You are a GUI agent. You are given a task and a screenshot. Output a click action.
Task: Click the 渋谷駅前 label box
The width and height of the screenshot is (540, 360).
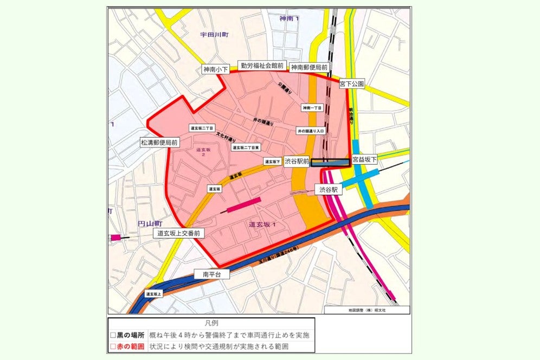(297, 161)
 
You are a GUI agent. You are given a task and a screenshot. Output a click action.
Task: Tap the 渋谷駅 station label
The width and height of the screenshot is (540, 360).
(328, 190)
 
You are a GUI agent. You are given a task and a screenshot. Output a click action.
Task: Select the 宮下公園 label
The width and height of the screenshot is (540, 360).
(352, 84)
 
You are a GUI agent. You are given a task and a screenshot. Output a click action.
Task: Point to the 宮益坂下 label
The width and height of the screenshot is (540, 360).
(364, 160)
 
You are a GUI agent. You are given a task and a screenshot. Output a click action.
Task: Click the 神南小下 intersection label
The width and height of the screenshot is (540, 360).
(216, 69)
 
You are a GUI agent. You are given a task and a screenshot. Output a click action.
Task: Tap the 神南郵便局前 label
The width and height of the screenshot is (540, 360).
(308, 67)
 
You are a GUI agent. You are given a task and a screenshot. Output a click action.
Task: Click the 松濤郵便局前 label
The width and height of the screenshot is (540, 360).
(159, 143)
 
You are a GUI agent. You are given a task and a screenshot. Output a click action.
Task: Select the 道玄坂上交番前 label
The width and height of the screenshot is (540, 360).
(179, 234)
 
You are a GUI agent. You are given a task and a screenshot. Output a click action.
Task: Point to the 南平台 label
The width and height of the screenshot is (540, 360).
(212, 274)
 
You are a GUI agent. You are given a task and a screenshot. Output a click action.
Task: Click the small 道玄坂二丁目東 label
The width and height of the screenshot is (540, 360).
(246, 147)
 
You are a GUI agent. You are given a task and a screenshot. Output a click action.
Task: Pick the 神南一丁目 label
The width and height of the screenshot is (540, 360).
(312, 108)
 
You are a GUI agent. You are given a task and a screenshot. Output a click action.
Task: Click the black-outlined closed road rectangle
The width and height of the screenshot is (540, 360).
(330, 162)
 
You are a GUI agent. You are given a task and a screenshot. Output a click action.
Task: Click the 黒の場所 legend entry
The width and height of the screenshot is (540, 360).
(128, 335)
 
